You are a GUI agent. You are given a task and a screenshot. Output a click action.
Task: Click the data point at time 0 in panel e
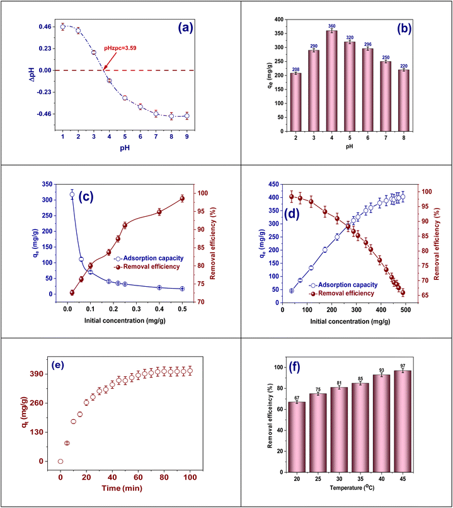60,461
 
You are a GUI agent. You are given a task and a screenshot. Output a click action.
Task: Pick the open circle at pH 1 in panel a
62,26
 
